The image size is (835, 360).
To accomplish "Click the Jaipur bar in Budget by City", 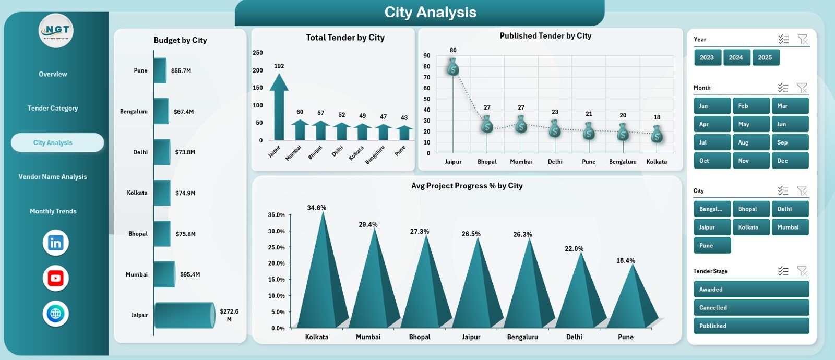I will tap(184, 315).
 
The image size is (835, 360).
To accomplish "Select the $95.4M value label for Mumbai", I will tap(190, 274).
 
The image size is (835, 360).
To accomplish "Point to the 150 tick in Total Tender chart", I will tap(257, 88).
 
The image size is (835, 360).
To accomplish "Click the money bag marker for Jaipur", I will tap(453, 67).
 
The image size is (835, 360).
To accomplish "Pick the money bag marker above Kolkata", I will tap(657, 134).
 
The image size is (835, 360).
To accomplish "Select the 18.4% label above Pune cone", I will tap(625, 260).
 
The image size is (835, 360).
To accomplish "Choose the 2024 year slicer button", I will tap(736, 57).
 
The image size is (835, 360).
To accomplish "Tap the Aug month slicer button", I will tap(750, 142).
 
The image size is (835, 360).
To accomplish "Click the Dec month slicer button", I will tap(790, 161).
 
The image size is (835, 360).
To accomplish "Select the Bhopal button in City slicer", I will tap(750, 209).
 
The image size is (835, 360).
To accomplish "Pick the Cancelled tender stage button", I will tap(751, 307).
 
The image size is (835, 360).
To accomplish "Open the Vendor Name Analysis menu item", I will tap(53, 177).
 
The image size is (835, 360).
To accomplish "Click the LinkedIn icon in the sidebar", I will tap(56, 243).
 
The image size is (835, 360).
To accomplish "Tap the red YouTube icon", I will tap(56, 278).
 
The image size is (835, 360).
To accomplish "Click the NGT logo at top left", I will tap(56, 31).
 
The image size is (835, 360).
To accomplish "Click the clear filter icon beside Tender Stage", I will tap(802, 271).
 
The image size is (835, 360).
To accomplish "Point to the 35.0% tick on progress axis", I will tap(276, 215).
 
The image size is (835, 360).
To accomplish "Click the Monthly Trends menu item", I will tap(53, 211).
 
